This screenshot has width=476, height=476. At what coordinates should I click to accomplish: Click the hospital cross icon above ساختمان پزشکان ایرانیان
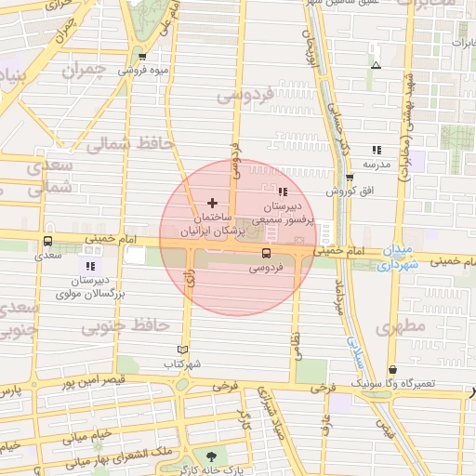coord(212,202)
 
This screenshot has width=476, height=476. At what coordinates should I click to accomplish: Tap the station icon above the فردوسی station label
coord(267,252)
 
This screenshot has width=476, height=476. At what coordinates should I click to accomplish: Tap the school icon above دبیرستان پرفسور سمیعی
coord(284,191)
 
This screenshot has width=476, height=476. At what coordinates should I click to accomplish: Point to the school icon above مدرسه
coord(377,150)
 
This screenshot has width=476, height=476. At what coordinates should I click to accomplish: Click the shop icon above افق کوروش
coord(350,177)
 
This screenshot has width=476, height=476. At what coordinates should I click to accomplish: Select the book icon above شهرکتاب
coord(182,350)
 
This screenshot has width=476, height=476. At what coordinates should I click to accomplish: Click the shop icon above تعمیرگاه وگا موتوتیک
coord(391,369)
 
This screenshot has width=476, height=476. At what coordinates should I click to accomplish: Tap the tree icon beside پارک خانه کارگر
coord(210,456)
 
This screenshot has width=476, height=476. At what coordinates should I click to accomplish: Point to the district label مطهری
coord(401,326)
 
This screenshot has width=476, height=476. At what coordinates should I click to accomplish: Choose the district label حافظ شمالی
coord(123,144)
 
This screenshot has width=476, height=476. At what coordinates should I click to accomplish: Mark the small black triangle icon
coord(376,65)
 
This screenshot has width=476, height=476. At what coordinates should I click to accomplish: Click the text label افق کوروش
coord(350,191)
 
